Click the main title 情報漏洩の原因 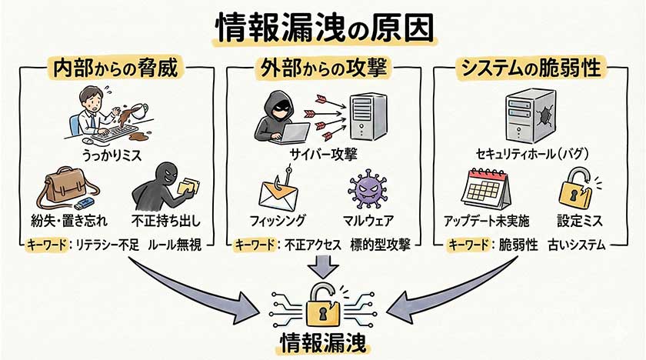coord(324,28)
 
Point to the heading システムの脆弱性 coord(531,68)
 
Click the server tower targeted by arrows coord(366,115)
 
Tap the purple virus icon coord(365,191)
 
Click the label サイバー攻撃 coord(323,153)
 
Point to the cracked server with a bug coord(531,115)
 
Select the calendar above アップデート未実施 coord(485,188)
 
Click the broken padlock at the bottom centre coord(323,308)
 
